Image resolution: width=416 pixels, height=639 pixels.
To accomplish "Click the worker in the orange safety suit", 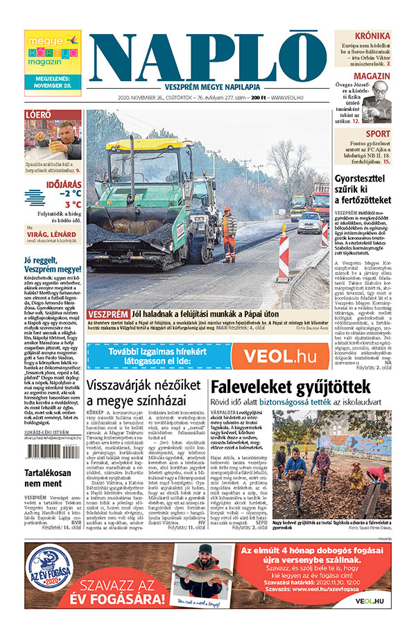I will pyautogui.click(x=228, y=233).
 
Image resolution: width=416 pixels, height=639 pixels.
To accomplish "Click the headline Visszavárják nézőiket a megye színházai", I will pyautogui.click(x=144, y=392).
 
